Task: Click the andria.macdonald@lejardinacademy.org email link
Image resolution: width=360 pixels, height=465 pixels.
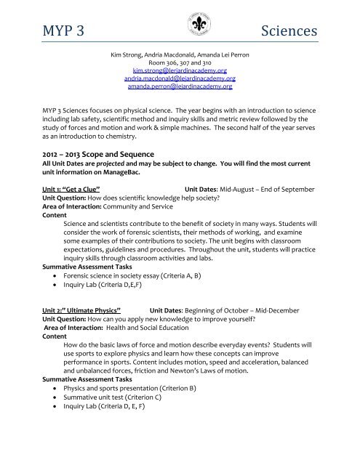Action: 181,78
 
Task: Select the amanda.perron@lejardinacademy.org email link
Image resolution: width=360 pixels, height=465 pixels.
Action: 181,86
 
